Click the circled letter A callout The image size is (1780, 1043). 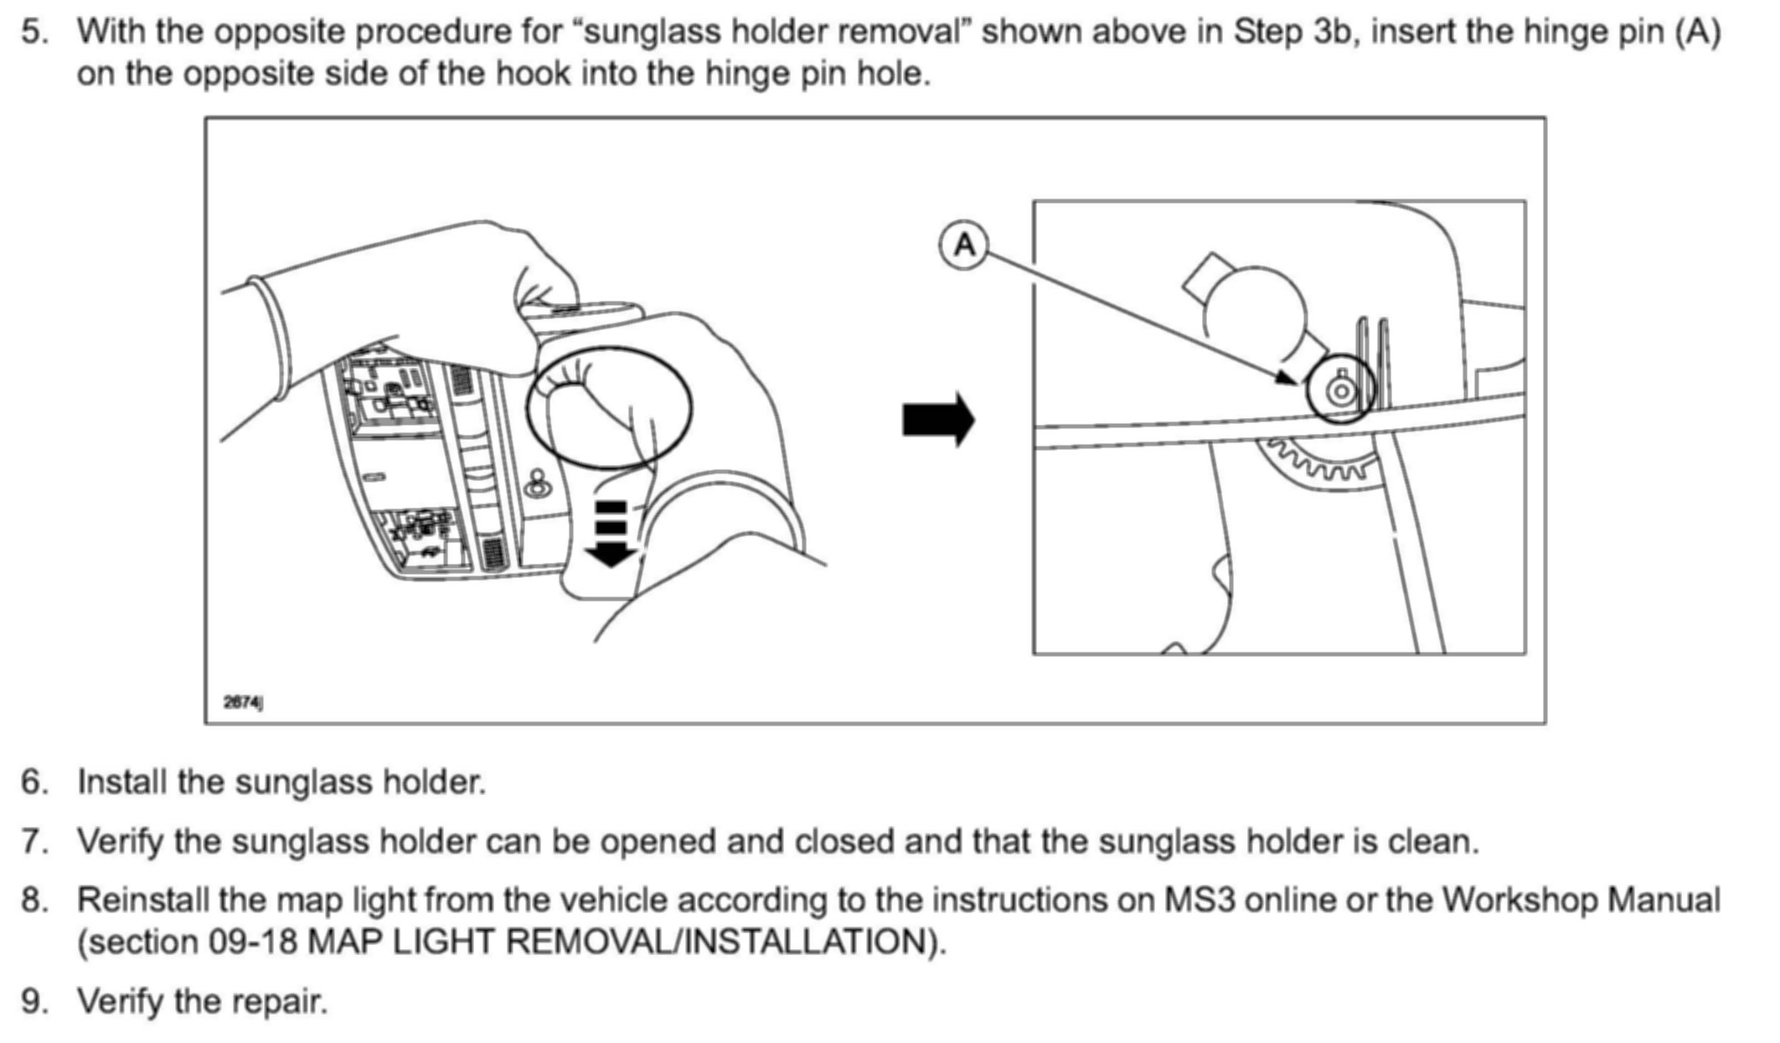tap(965, 245)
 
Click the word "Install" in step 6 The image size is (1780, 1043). tap(122, 782)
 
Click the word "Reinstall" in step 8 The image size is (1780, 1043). tap(142, 901)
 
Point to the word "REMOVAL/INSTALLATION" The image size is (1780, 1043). tap(720, 942)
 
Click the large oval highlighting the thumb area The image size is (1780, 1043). tap(610, 407)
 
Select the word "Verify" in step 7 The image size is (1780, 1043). tap(119, 841)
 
